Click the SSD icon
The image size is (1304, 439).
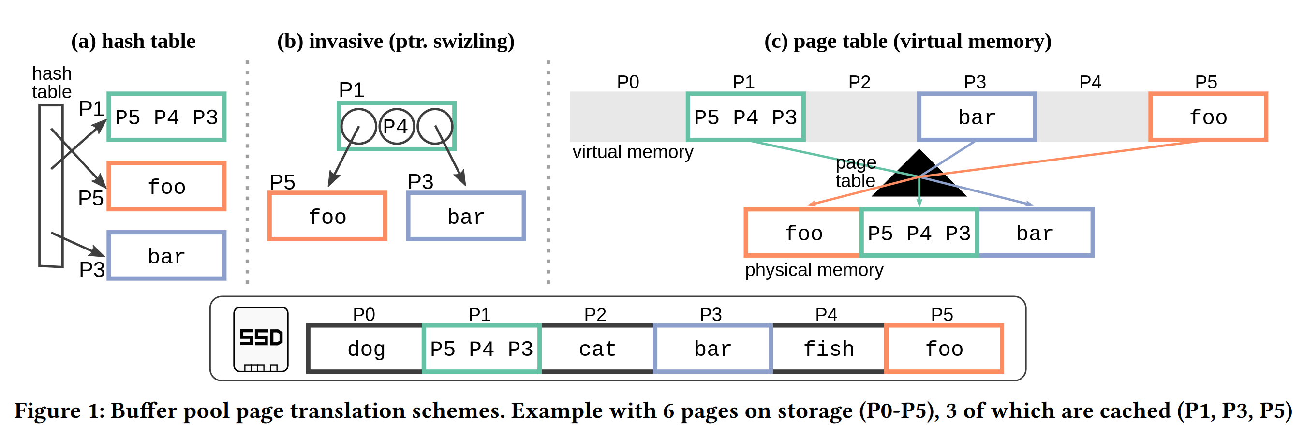[x=261, y=339]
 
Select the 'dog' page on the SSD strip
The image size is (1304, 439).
[x=366, y=349]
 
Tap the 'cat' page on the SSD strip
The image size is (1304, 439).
[x=597, y=349]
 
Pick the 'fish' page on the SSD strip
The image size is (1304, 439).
[x=828, y=349]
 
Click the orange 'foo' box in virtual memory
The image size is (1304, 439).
[x=1208, y=117]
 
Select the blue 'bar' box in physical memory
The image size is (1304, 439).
[x=1035, y=233]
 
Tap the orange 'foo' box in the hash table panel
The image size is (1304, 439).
[x=166, y=187]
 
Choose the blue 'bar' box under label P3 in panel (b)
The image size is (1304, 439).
[x=466, y=217]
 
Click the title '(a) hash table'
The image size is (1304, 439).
[x=133, y=41]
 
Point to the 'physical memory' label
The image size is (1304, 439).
[x=814, y=270]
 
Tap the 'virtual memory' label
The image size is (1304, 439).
[x=632, y=152]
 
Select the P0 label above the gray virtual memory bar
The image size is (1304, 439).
[x=628, y=82]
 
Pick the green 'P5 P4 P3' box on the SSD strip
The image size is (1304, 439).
[x=481, y=349]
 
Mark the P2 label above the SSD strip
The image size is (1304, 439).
[x=595, y=315]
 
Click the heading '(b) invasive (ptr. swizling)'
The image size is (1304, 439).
[x=395, y=41]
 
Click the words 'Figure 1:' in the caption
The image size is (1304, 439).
[x=59, y=410]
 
